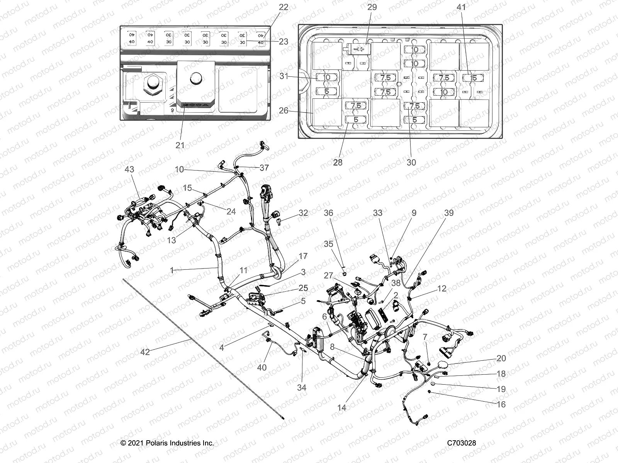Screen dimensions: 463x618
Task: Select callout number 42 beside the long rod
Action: pos(145,351)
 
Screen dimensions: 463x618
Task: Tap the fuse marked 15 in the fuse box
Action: pos(474,78)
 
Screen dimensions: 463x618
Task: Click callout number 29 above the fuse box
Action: pos(372,7)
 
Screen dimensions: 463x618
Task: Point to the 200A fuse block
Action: pos(196,87)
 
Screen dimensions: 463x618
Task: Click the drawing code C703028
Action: pos(462,443)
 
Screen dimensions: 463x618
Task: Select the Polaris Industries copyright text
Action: pos(167,443)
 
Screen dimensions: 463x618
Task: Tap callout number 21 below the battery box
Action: pos(180,145)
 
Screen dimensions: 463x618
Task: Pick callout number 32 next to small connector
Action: pos(303,213)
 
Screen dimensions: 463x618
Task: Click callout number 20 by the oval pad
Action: pos(501,358)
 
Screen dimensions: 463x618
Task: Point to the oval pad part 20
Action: pos(442,365)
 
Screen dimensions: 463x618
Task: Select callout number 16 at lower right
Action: pos(501,404)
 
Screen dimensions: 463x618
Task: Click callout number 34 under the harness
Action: pos(302,387)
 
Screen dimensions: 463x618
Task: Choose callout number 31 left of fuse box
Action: pos(284,76)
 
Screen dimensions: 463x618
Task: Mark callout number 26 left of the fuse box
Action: pos(284,110)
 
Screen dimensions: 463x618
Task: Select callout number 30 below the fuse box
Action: pos(411,162)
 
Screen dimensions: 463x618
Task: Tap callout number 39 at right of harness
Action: pos(449,213)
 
